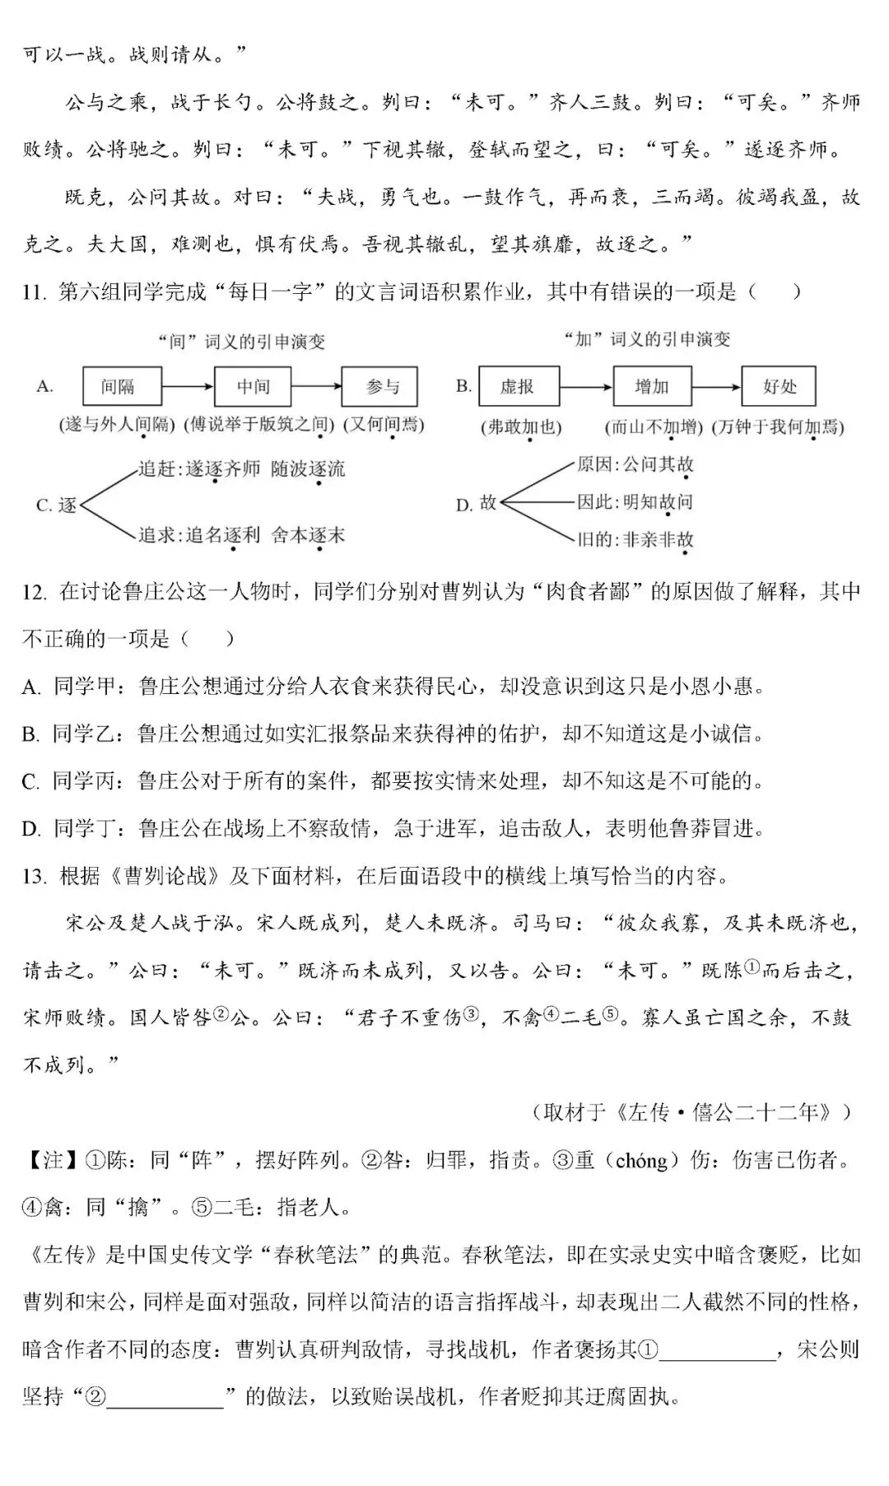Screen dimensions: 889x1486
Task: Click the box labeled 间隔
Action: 122,386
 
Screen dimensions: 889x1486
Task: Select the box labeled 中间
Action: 253,386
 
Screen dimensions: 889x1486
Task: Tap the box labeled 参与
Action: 381,386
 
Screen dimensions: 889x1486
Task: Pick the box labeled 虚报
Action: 517,386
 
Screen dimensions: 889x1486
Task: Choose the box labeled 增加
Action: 651,386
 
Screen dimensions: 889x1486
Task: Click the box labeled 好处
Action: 779,386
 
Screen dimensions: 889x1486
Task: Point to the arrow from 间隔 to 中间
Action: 188,386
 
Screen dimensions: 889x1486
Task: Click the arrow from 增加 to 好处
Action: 715,386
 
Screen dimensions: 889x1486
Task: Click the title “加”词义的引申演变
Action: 648,339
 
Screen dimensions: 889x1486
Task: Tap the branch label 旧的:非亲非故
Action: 635,540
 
